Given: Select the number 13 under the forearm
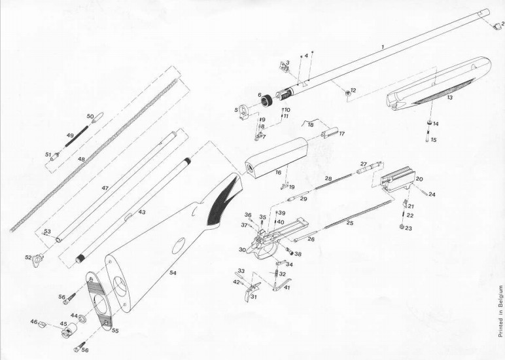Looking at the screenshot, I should (x=449, y=98).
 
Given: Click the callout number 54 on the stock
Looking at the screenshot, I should (x=173, y=272).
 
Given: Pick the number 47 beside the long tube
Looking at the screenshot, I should (x=104, y=188).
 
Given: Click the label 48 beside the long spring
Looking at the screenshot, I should (x=82, y=159).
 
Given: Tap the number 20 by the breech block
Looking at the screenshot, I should (x=419, y=179).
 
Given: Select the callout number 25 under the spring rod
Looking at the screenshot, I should (x=349, y=223).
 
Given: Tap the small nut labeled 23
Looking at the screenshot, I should (x=401, y=227).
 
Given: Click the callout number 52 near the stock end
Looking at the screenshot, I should (x=28, y=257).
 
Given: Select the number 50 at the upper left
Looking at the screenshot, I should (x=90, y=116).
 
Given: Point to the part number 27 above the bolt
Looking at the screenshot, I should (x=364, y=164).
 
